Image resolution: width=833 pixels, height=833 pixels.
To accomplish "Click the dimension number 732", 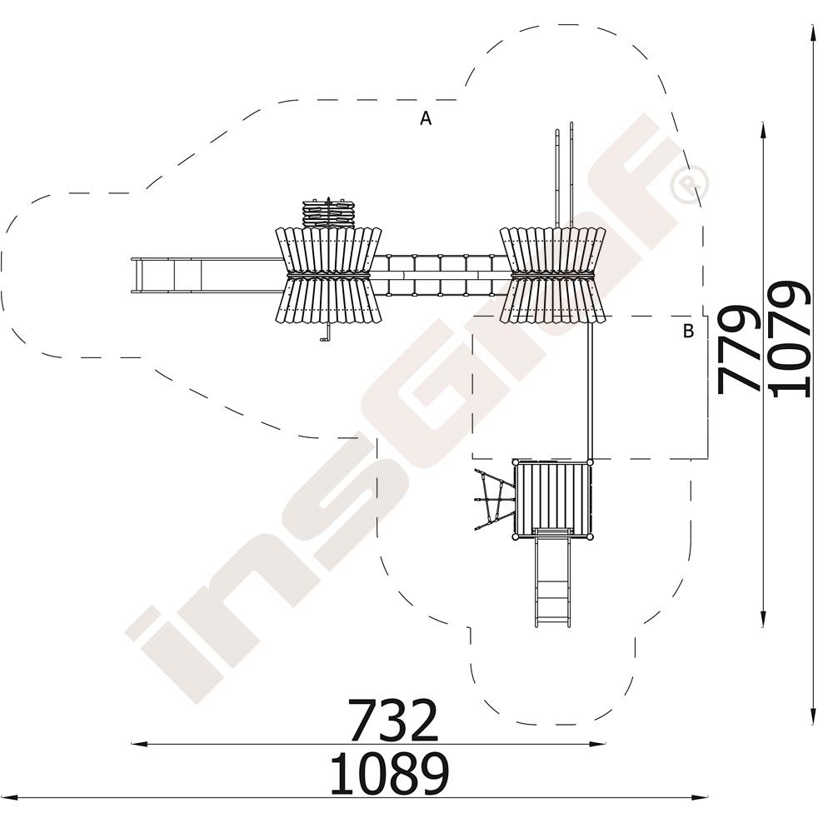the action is pyautogui.click(x=394, y=720).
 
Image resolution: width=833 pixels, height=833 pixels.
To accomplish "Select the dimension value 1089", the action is pyautogui.click(x=389, y=774).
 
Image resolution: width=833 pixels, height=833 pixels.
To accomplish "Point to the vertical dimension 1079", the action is pyautogui.click(x=790, y=340).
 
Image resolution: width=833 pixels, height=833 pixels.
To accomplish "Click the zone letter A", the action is pyautogui.click(x=426, y=118).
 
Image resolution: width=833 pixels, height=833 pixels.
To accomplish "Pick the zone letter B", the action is pyautogui.click(x=688, y=331).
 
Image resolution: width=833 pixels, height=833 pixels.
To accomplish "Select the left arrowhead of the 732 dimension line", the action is pyautogui.click(x=139, y=744).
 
